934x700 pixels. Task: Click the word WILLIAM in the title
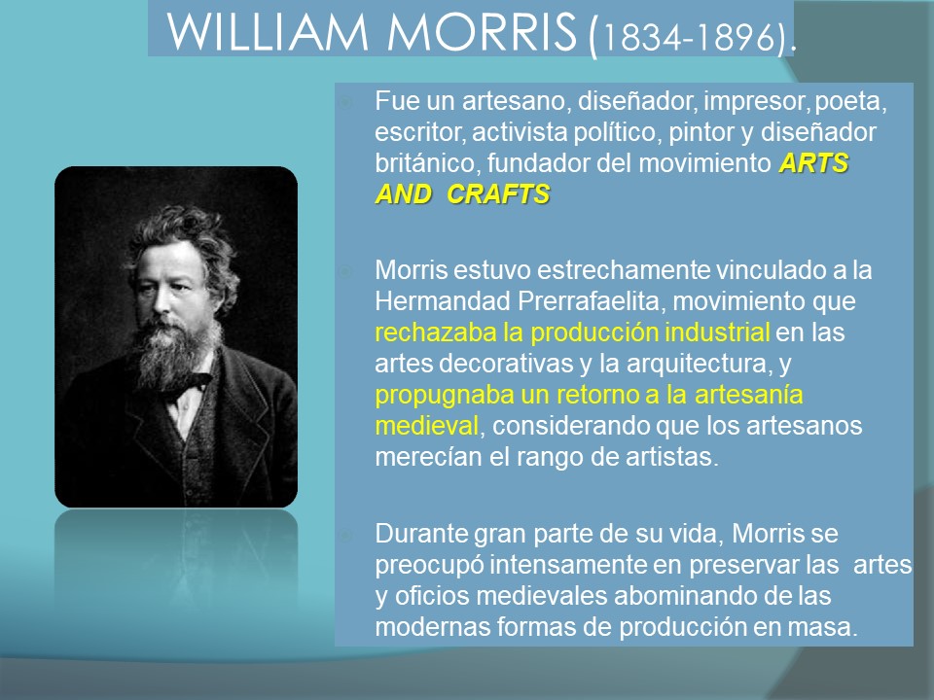pyautogui.click(x=269, y=32)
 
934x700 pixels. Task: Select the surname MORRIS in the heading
pyautogui.click(x=482, y=32)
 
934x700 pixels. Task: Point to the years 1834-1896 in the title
pyautogui.click(x=690, y=37)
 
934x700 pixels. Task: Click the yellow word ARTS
pyautogui.click(x=813, y=163)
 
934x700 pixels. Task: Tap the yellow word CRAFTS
pyautogui.click(x=498, y=194)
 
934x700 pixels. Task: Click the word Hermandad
pyautogui.click(x=443, y=301)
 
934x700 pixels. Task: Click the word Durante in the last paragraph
pyautogui.click(x=421, y=534)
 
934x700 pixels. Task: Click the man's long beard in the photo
pyautogui.click(x=173, y=357)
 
